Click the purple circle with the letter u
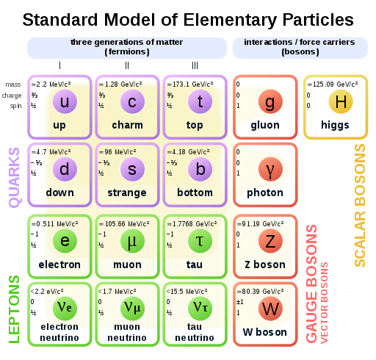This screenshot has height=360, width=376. [65, 101]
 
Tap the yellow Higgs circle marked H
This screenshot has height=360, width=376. [341, 101]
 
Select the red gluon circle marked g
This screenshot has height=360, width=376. [270, 101]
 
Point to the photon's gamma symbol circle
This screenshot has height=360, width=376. [270, 169]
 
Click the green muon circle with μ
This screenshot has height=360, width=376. [132, 241]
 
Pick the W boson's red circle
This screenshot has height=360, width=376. [270, 309]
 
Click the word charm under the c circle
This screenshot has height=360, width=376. [127, 125]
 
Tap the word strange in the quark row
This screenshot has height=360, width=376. [127, 193]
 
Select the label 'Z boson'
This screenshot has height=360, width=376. [265, 264]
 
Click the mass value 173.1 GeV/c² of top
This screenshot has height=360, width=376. [190, 84]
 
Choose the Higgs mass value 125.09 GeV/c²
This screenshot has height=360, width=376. [333, 84]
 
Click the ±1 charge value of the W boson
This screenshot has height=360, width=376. [240, 302]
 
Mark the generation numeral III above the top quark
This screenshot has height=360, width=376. [195, 65]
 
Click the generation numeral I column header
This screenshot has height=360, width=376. [59, 65]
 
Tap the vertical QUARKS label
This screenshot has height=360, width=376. [14, 178]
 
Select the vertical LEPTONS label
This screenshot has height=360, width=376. [14, 309]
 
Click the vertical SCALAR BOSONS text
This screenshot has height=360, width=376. [360, 205]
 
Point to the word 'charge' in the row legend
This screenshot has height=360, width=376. [12, 96]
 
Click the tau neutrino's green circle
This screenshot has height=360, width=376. [200, 309]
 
